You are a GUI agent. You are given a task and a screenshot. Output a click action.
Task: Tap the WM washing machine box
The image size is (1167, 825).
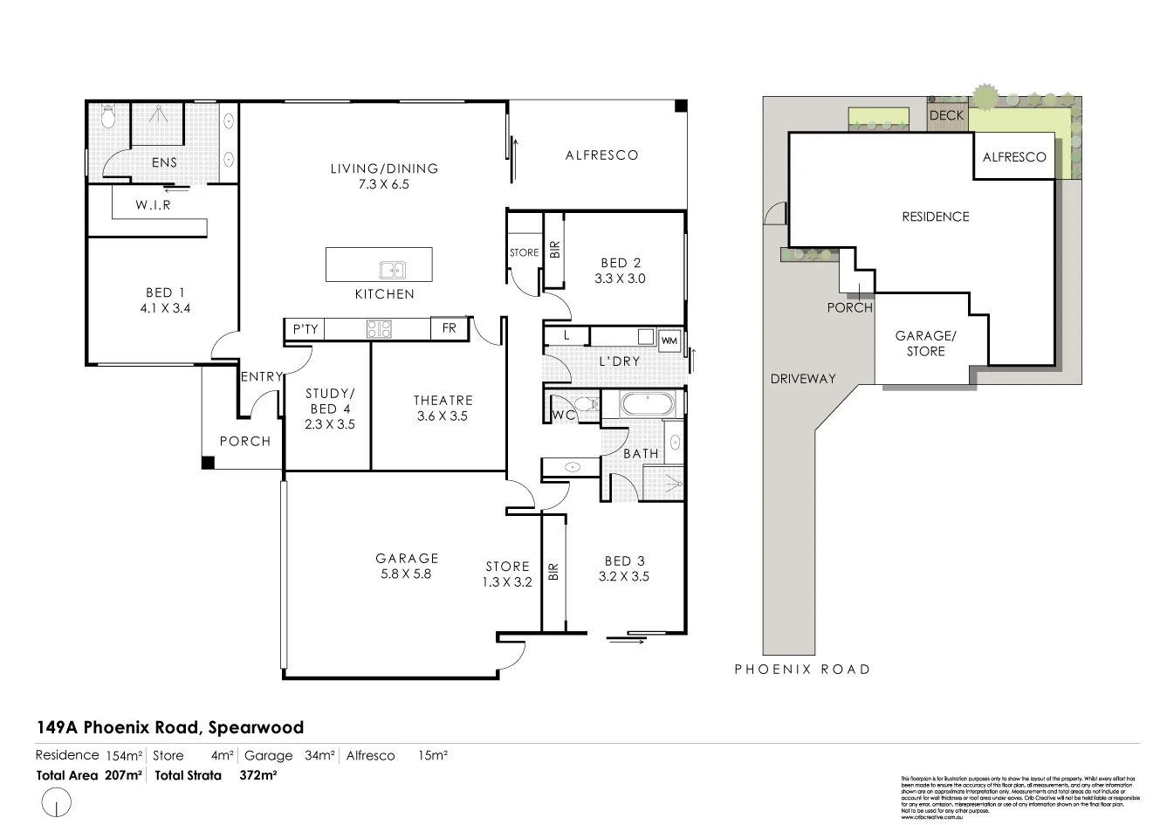[669, 340]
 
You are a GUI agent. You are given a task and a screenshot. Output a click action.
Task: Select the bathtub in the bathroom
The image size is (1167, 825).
[645, 404]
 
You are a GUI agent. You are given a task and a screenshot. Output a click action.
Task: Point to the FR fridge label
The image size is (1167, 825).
[450, 329]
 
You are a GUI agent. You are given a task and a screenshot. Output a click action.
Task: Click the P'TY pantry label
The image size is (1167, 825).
[305, 329]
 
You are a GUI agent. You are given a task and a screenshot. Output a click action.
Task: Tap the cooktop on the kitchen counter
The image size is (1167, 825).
[380, 329]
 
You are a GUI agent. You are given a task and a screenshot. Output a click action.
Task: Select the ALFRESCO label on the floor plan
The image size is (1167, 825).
[602, 155]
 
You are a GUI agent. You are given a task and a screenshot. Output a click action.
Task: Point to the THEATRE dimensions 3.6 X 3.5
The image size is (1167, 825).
[443, 416]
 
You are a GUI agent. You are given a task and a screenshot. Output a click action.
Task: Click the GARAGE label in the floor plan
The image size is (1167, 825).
[407, 559]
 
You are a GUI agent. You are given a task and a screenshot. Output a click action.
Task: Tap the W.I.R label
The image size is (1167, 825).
[153, 205]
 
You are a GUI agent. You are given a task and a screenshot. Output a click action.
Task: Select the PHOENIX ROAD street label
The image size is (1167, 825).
[802, 670]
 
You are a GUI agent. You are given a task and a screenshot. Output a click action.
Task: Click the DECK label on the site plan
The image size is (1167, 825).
[946, 115]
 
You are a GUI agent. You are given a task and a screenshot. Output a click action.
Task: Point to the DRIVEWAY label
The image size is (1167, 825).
[803, 379]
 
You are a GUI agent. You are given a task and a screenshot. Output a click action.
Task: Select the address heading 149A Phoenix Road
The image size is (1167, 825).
[169, 727]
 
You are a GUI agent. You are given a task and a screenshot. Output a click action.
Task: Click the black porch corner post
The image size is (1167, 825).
[208, 464]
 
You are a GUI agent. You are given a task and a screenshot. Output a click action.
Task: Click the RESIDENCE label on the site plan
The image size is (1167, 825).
[935, 217]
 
